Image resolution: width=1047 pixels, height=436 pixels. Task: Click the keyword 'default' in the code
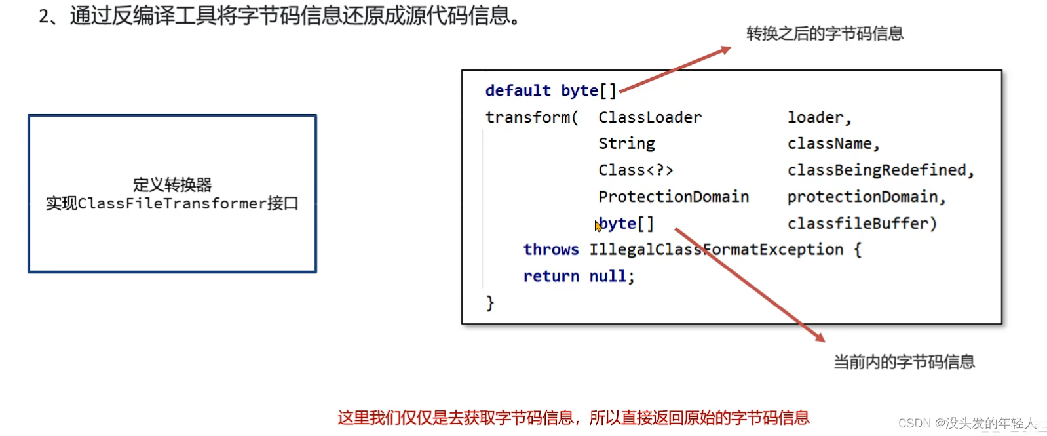pos(518,90)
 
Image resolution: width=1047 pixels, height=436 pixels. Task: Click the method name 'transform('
pos(531,117)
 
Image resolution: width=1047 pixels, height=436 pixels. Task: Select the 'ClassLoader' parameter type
pos(649,117)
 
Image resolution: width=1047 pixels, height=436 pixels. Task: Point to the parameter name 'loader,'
pos(819,117)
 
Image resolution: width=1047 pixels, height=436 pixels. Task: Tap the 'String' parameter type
pos(626,144)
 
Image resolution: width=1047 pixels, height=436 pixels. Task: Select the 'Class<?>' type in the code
pos(636,170)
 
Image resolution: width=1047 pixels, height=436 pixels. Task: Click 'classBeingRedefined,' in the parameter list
pos(881,170)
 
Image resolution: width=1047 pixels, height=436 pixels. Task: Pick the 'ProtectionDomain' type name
pos(674,197)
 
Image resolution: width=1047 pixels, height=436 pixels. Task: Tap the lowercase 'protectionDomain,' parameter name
pos(866,197)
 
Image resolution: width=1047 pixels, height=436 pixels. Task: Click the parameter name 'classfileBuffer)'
pos(862,224)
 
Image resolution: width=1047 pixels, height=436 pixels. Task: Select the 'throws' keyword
pos(551,250)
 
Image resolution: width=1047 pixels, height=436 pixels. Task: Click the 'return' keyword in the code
pos(551,277)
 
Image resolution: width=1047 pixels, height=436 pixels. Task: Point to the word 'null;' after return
pos(611,277)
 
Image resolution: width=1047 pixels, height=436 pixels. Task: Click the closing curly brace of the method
pos(489,303)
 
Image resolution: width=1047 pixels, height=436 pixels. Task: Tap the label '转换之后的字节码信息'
pos(825,33)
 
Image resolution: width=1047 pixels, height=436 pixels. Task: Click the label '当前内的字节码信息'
pos(904,362)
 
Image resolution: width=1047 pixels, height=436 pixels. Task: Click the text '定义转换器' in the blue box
pos(172,184)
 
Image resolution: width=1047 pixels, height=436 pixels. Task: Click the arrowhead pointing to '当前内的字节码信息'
pos(820,337)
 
